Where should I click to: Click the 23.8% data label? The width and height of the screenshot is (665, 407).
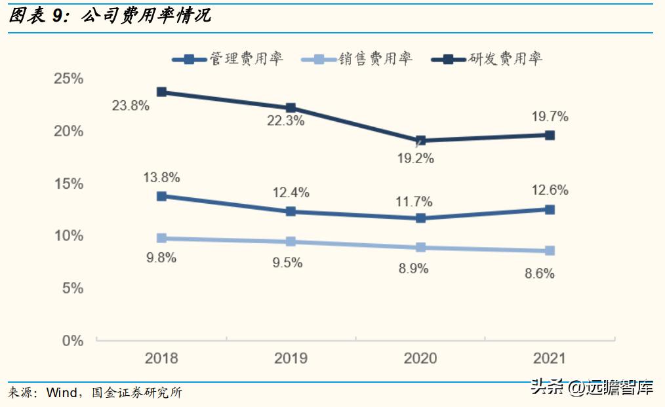(131, 106)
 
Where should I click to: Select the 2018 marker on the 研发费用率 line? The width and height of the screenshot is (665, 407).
(161, 92)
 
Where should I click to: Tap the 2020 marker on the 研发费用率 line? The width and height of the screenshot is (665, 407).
(421, 140)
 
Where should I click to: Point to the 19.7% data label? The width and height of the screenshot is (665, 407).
(550, 117)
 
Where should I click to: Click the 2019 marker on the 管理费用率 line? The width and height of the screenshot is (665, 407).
(291, 212)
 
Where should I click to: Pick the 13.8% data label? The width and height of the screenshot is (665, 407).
(161, 178)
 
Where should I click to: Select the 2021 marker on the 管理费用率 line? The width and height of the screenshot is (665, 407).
(550, 210)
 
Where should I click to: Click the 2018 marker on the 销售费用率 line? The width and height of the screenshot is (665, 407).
(161, 239)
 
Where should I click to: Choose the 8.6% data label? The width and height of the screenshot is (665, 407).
(539, 274)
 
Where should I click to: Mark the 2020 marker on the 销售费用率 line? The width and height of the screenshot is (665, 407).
(421, 248)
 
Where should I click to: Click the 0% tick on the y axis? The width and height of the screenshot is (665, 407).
(73, 341)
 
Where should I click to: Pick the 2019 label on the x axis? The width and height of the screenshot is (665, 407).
(291, 359)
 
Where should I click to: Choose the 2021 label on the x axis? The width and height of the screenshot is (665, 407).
(550, 359)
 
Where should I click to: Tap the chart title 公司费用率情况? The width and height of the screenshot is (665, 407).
(146, 16)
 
